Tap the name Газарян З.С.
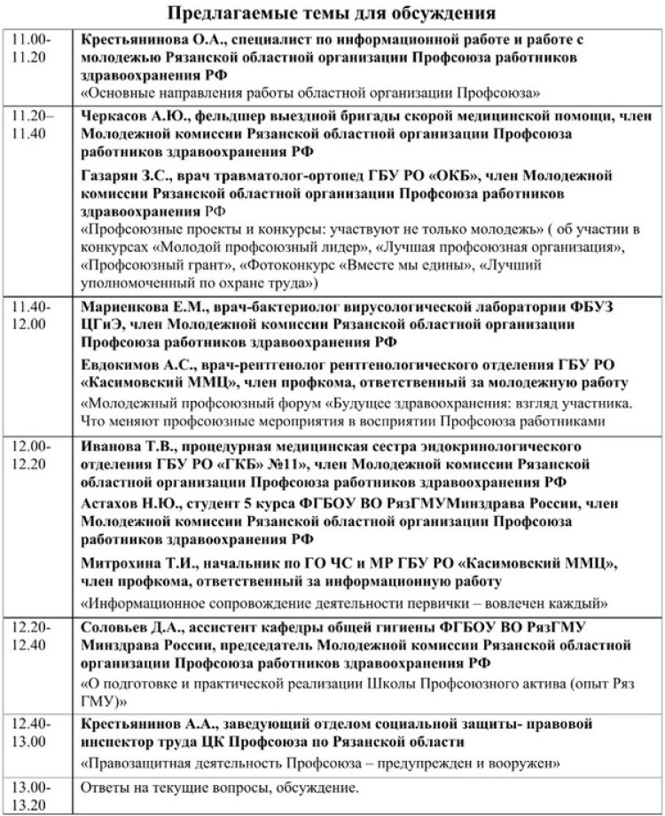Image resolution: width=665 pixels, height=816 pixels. [x=127, y=176]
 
